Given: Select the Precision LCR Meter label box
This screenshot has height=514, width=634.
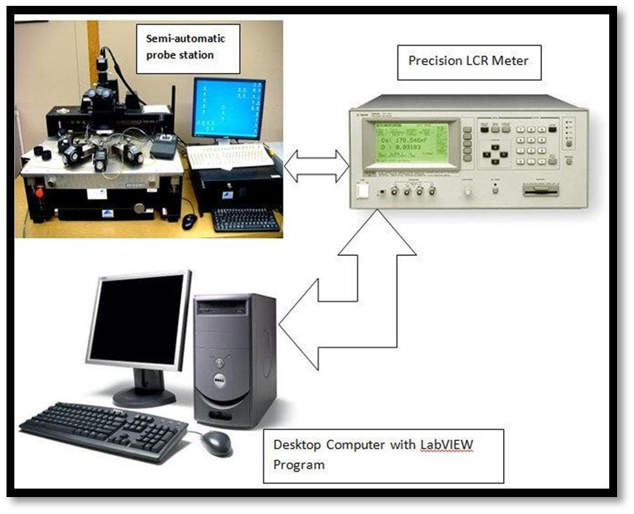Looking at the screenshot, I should [468, 62].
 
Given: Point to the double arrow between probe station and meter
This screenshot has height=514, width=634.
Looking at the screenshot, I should [317, 165].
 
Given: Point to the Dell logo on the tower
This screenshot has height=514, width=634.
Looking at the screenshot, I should [221, 381].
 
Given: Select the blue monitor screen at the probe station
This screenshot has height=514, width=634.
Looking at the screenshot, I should [229, 108].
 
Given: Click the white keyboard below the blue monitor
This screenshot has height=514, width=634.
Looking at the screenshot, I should [229, 156].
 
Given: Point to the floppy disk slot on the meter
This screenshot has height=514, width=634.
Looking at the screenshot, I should [541, 192].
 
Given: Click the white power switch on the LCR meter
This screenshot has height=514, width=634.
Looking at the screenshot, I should [363, 191].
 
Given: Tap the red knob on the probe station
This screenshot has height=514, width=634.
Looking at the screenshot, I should [38, 192].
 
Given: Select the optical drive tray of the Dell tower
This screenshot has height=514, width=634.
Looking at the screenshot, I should [222, 306].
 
